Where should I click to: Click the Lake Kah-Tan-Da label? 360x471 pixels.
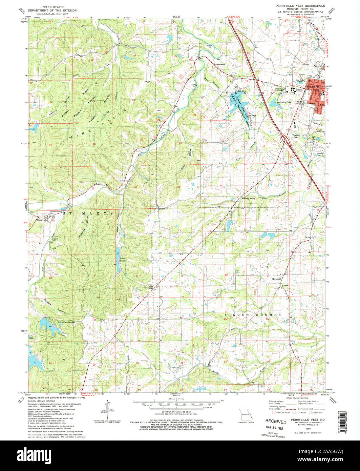click(66, 322)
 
